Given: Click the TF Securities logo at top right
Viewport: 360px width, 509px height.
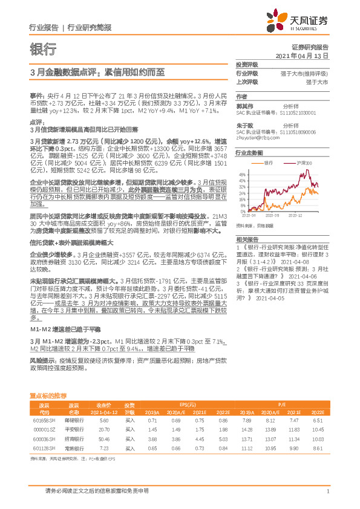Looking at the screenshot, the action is [x=305, y=22].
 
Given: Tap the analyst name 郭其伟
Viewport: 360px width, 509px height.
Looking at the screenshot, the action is [x=244, y=105].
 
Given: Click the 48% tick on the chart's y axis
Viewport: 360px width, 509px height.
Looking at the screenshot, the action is [x=242, y=180].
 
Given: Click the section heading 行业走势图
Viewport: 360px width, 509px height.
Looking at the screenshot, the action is [x=249, y=154].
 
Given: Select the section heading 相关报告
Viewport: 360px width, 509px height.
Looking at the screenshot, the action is [x=246, y=240].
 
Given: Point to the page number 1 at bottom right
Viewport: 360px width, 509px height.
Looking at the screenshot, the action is [x=327, y=493].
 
